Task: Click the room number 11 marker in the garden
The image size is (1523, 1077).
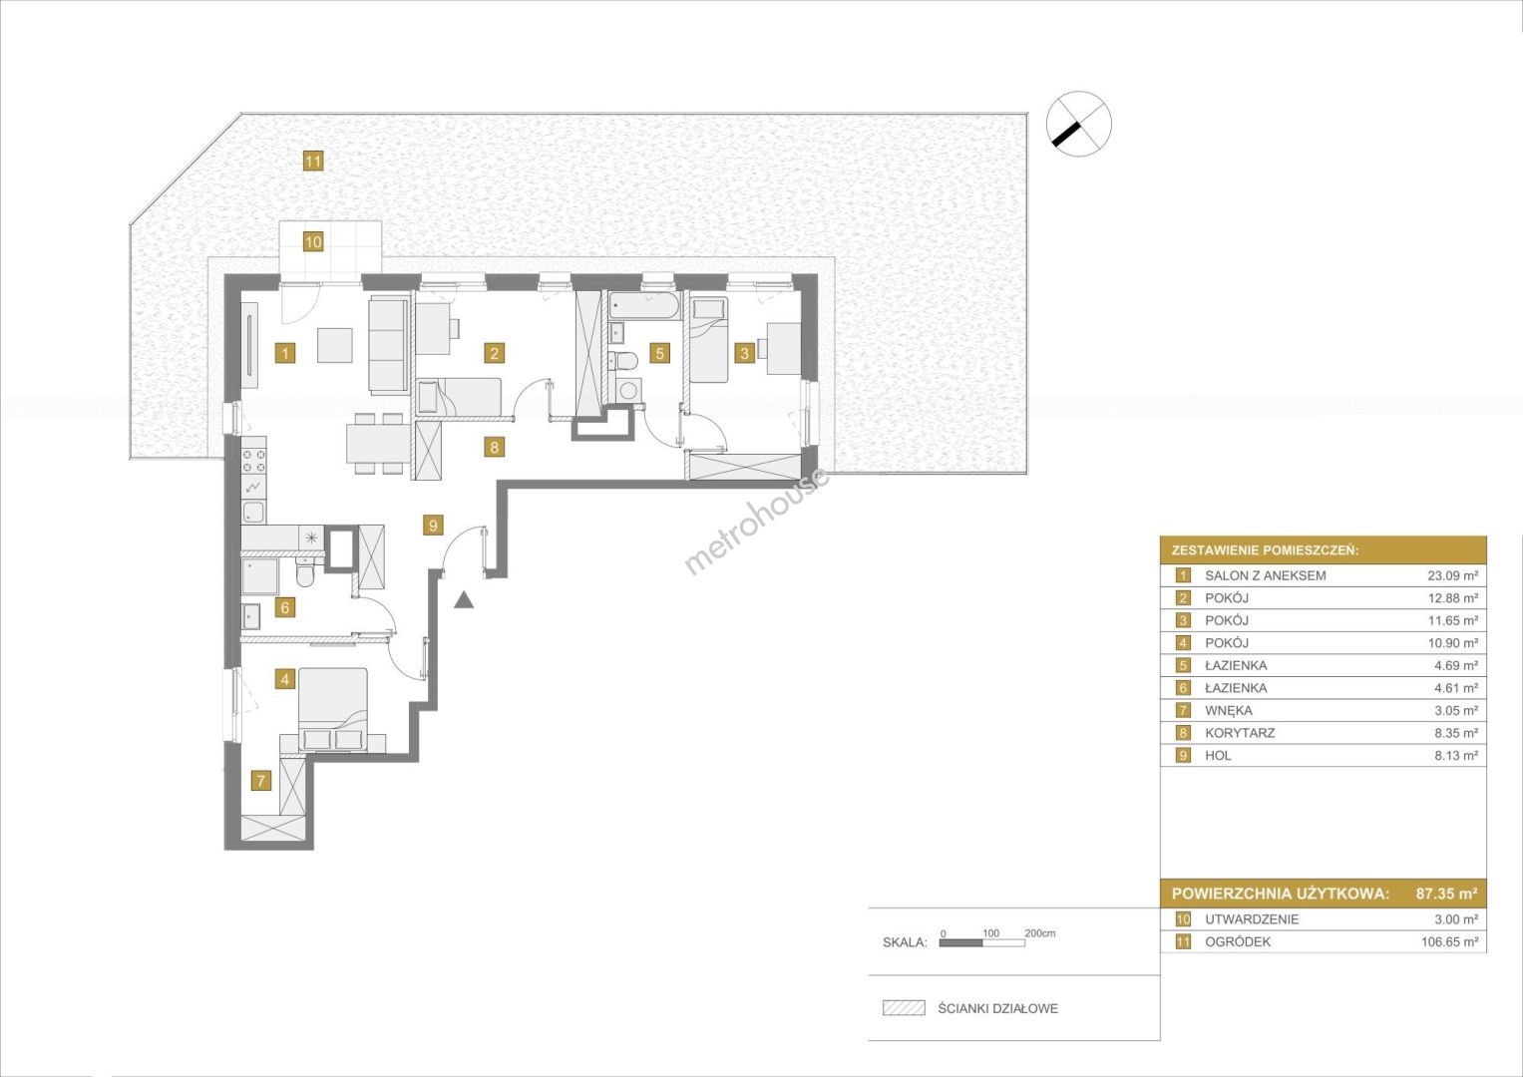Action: click(x=313, y=162)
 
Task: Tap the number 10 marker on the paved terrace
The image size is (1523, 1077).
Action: click(x=313, y=241)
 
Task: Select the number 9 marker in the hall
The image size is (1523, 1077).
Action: click(x=433, y=525)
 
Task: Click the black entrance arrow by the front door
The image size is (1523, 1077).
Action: click(x=465, y=599)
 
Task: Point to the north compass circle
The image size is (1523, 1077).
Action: click(x=1079, y=124)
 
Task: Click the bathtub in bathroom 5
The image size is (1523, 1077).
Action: click(x=643, y=306)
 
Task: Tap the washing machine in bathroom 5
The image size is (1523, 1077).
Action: click(x=629, y=390)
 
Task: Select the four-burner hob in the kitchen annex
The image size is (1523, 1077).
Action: click(x=253, y=458)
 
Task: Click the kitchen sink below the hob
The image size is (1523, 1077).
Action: click(x=253, y=512)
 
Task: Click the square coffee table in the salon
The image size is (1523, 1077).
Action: click(x=335, y=345)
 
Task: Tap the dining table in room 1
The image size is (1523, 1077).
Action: click(x=379, y=444)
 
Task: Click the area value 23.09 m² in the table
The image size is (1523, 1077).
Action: click(x=1452, y=576)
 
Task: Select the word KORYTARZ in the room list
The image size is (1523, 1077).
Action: click(x=1240, y=733)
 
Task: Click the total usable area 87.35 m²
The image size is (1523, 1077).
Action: click(x=1446, y=893)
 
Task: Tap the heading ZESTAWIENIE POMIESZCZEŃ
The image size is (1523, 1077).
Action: click(x=1266, y=550)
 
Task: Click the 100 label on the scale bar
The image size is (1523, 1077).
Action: click(x=990, y=932)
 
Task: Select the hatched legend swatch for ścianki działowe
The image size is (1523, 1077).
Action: click(x=904, y=1007)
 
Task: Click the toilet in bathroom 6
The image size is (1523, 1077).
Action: click(x=305, y=572)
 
